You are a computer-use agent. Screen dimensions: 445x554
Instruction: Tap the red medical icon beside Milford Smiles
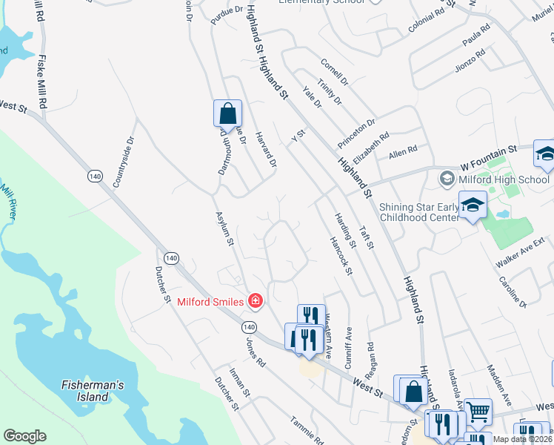coord(255,301)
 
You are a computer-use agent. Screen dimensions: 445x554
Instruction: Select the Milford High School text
coord(504,179)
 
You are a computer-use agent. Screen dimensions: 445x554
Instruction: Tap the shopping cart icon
coord(478,410)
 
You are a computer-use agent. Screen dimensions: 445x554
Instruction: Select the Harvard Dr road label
coord(266,148)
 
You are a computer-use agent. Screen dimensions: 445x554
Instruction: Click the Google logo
coord(25,436)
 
